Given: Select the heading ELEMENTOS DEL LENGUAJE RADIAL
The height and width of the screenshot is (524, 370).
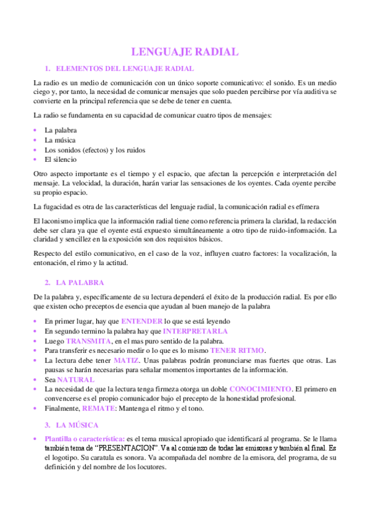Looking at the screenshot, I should click(124, 68).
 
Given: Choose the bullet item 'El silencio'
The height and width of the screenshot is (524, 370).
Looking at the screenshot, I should click(61, 159).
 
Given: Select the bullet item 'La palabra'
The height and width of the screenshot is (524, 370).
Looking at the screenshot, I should click(61, 131).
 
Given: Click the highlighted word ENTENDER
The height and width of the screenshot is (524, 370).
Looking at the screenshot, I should click(141, 321).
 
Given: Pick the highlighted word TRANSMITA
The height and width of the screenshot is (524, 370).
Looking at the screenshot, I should click(88, 341).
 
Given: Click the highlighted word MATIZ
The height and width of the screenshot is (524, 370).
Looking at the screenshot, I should click(127, 360).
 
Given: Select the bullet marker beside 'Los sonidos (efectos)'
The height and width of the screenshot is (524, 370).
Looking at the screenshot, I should click(36, 150).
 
